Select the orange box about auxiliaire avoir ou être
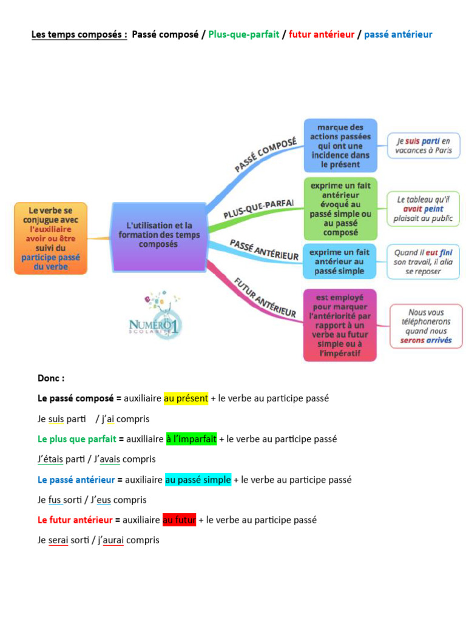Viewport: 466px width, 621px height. click(x=51, y=238)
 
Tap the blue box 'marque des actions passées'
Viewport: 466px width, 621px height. click(x=340, y=145)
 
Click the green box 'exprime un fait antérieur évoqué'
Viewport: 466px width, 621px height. click(x=340, y=207)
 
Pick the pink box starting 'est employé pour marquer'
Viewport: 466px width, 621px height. click(x=340, y=325)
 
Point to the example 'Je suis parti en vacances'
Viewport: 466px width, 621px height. click(x=424, y=146)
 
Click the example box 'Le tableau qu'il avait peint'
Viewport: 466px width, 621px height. click(x=424, y=209)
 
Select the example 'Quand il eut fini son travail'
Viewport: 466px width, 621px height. click(x=424, y=261)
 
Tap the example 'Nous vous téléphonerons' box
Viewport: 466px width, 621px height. click(x=426, y=326)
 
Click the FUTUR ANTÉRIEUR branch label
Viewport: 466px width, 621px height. click(x=265, y=297)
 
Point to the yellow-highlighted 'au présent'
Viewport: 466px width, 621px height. click(x=186, y=398)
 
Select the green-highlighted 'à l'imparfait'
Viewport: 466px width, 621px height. click(x=191, y=438)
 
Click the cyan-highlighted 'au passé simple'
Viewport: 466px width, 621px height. click(x=198, y=480)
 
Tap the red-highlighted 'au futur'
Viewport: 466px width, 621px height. click(x=179, y=520)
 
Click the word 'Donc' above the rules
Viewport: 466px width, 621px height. click(x=51, y=378)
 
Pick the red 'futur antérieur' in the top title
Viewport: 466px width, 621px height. click(x=322, y=35)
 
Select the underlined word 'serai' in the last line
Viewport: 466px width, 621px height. click(x=58, y=540)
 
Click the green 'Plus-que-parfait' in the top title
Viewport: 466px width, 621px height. click(x=244, y=35)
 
